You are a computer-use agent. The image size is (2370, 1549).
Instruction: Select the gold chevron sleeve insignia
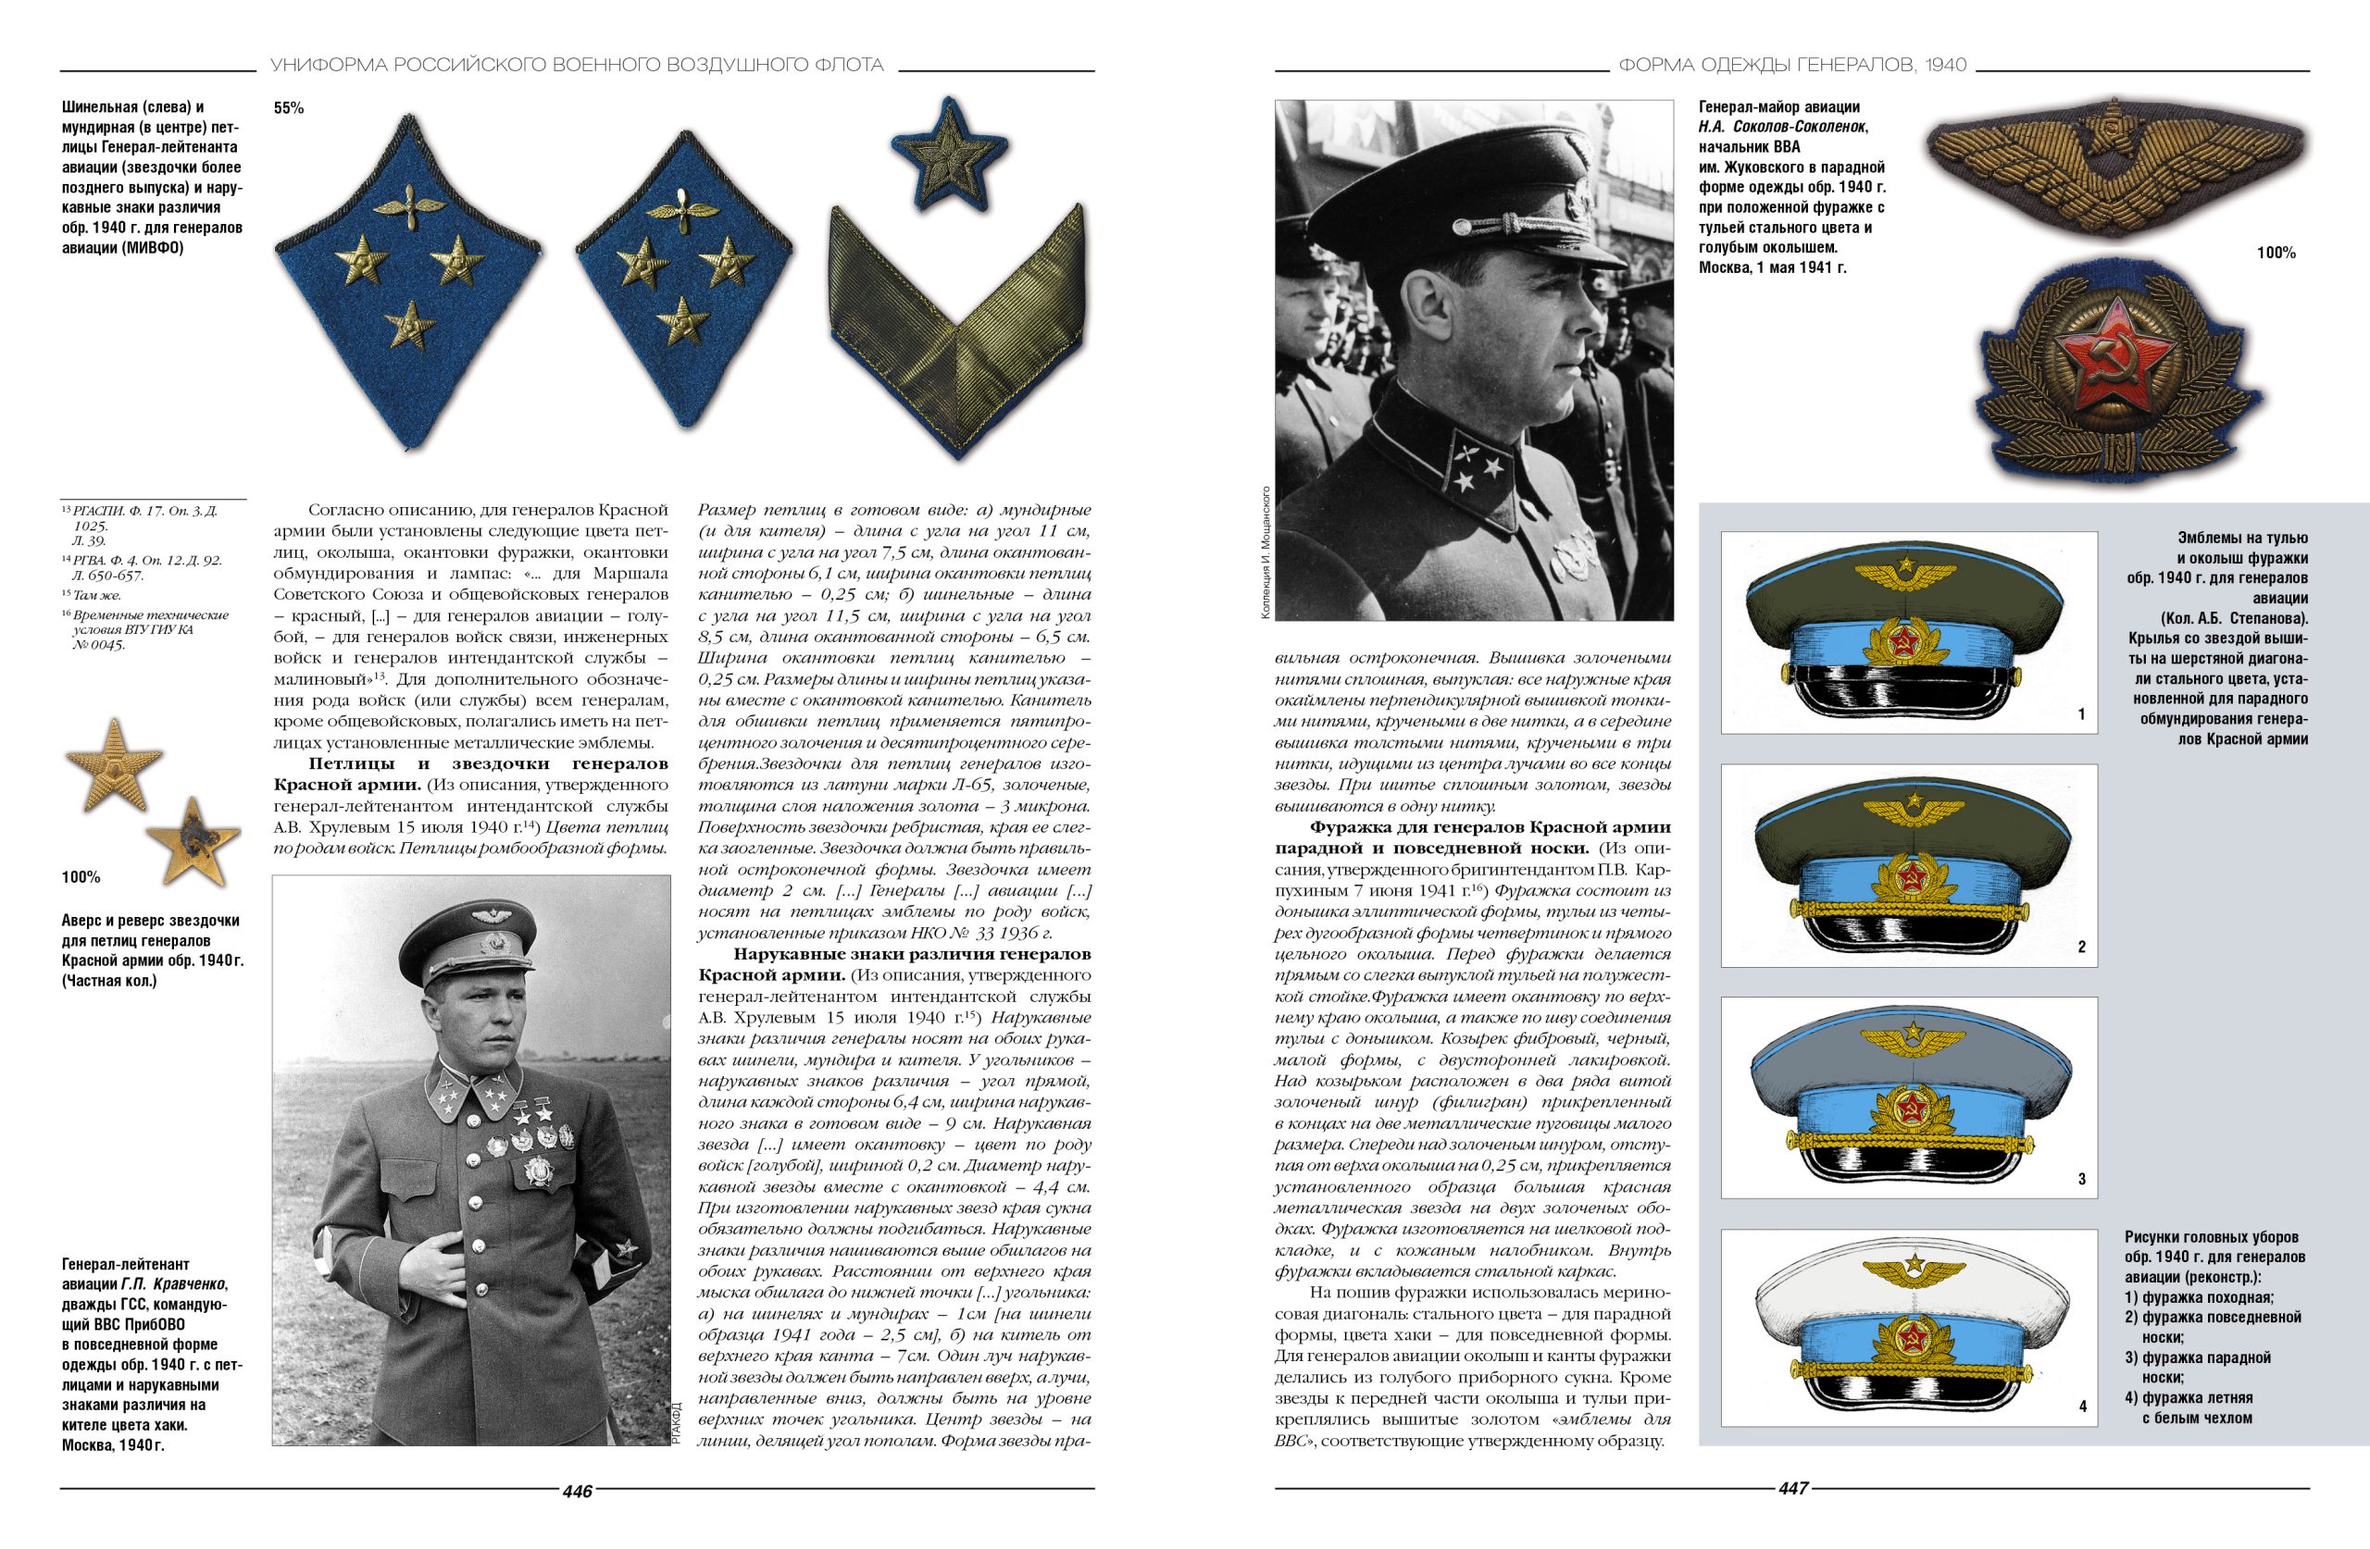pos(955,329)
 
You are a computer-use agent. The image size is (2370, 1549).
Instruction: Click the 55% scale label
pos(289,108)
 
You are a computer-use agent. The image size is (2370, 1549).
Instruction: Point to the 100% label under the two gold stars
pos(81,877)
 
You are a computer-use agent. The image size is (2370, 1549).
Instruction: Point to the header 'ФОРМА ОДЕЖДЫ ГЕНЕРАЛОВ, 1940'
pos(1792,66)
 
